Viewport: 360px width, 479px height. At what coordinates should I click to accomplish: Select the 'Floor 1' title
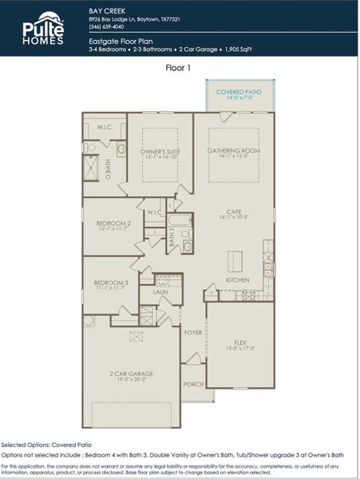(x=179, y=69)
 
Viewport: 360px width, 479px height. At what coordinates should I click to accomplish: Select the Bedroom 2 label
(x=113, y=224)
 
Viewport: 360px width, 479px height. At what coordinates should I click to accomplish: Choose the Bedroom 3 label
(x=110, y=283)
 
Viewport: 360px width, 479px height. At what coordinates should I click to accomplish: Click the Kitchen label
(x=237, y=280)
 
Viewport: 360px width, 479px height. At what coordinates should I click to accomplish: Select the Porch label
(x=192, y=384)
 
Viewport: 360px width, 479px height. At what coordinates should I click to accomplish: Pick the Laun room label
(x=161, y=292)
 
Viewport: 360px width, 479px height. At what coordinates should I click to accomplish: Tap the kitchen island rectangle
(x=237, y=262)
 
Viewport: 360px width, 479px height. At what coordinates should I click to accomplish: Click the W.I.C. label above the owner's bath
(x=105, y=127)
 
